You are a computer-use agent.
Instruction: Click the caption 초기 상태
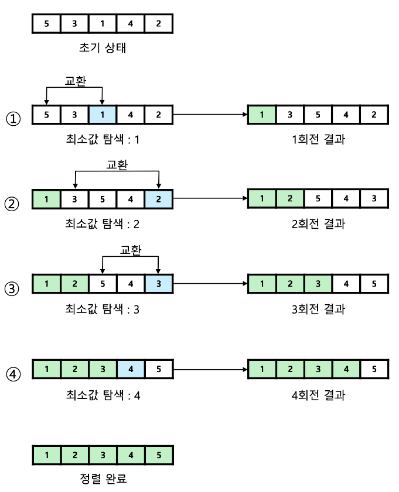coord(103,48)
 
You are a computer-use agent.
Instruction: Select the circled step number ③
coord(13,288)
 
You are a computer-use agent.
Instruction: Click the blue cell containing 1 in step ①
coord(103,115)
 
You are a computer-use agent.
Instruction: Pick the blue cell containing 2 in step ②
coord(159,199)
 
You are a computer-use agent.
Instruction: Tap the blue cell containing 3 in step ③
coord(159,284)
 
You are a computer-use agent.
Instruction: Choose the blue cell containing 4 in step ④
coord(131,370)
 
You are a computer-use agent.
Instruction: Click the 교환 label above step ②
coord(117,165)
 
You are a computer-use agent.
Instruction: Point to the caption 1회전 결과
coord(318,139)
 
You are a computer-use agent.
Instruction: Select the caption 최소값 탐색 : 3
coord(103,309)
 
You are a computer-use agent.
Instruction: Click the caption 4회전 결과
coord(318,395)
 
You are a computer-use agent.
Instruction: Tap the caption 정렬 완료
coord(103,479)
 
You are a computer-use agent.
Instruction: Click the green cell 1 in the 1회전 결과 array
coord(262,115)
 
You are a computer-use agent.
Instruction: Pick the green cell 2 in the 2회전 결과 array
coord(290,199)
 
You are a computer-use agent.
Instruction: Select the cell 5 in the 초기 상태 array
coord(46,23)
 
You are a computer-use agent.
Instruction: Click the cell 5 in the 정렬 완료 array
coord(159,455)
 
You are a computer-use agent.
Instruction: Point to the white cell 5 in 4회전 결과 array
coord(374,370)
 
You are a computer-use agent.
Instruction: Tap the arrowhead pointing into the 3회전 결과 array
coord(244,284)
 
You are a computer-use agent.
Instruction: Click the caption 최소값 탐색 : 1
coord(103,139)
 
